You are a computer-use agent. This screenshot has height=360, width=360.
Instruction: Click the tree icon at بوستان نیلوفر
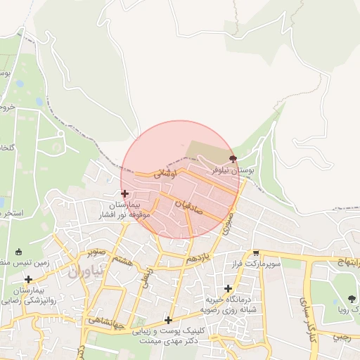pos(233,159)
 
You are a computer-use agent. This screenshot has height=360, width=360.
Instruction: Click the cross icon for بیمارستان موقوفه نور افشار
pos(124,193)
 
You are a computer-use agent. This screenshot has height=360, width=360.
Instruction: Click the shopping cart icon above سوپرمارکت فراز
pos(256,253)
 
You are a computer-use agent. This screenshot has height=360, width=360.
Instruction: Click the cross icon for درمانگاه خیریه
pos(228,288)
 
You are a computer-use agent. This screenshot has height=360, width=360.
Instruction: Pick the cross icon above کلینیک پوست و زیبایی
pos(168,320)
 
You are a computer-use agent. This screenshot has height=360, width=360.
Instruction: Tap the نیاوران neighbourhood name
pos(86,270)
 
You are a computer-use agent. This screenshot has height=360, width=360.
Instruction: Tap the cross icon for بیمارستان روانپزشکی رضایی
pos(27,280)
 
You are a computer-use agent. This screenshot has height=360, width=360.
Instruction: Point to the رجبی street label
pos(342,337)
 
